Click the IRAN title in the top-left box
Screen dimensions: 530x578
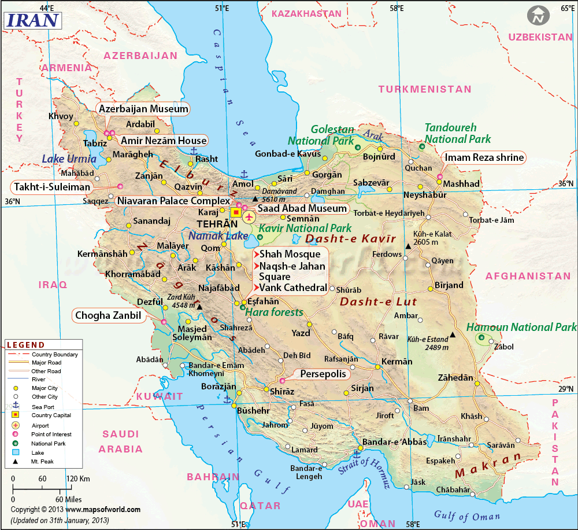pos(32,20)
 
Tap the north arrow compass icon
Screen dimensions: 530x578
pos(539,16)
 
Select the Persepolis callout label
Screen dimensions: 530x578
pos(323,374)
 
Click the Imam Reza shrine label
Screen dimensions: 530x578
pos(484,157)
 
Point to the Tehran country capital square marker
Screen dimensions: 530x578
pos(236,212)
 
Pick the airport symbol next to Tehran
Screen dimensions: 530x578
pos(249,218)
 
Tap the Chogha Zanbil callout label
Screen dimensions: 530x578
pos(108,316)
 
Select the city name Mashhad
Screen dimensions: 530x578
pos(462,183)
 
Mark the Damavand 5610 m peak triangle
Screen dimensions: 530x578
pos(255,198)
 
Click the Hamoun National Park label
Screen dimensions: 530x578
pos(521,327)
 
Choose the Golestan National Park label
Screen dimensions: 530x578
pos(322,135)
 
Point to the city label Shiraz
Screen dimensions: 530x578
pos(282,392)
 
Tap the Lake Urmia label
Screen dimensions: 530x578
pos(69,159)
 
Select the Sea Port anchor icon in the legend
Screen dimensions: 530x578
pos(16,406)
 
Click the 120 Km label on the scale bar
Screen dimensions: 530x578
pos(77,479)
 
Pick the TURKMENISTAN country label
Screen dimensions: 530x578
pos(425,89)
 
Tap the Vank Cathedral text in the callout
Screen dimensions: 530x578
pos(293,288)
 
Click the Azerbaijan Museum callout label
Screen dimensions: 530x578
pos(143,109)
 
